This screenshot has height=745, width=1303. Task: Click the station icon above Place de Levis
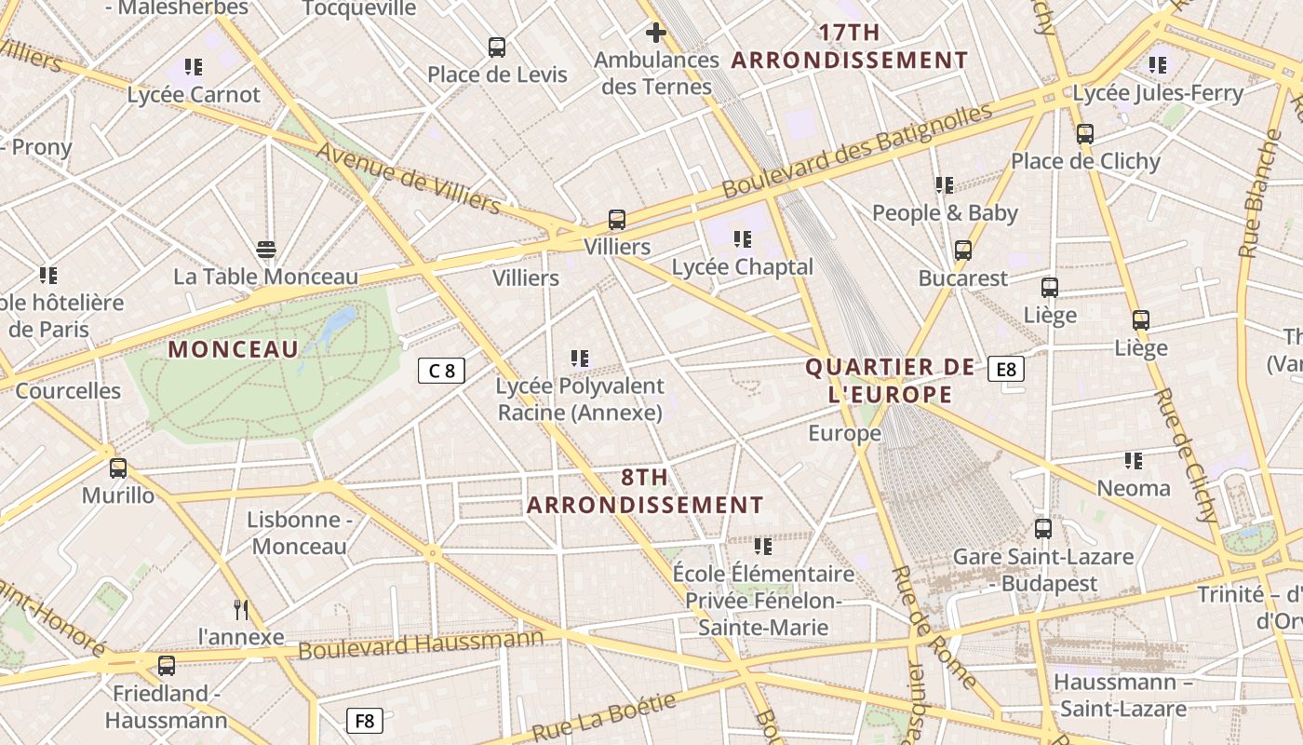pyautogui.click(x=497, y=47)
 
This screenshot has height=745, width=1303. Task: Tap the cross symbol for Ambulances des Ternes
pyautogui.click(x=656, y=34)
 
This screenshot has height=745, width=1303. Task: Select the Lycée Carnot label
pyautogui.click(x=194, y=95)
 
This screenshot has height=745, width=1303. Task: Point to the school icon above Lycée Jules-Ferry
pyautogui.click(x=1158, y=65)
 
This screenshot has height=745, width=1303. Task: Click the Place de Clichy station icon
pyautogui.click(x=1085, y=133)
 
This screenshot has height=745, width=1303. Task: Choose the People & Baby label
pyautogui.click(x=945, y=213)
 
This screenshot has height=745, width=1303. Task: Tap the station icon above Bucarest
pyautogui.click(x=963, y=251)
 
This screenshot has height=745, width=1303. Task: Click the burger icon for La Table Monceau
pyautogui.click(x=266, y=249)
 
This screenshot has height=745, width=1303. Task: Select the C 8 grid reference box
pyautogui.click(x=441, y=371)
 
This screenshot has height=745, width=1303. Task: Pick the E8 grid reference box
pyautogui.click(x=1006, y=370)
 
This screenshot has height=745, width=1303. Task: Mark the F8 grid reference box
pyautogui.click(x=365, y=720)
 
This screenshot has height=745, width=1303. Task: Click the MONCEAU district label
pyautogui.click(x=234, y=350)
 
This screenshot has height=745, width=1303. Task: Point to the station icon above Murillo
pyautogui.click(x=118, y=467)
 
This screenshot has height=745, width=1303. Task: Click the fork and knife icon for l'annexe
pyautogui.click(x=241, y=610)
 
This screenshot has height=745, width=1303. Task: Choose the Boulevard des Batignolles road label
pyautogui.click(x=857, y=151)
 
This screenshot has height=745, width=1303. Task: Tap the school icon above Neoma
pyautogui.click(x=1134, y=460)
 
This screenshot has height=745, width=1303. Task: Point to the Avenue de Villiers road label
pyautogui.click(x=408, y=177)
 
